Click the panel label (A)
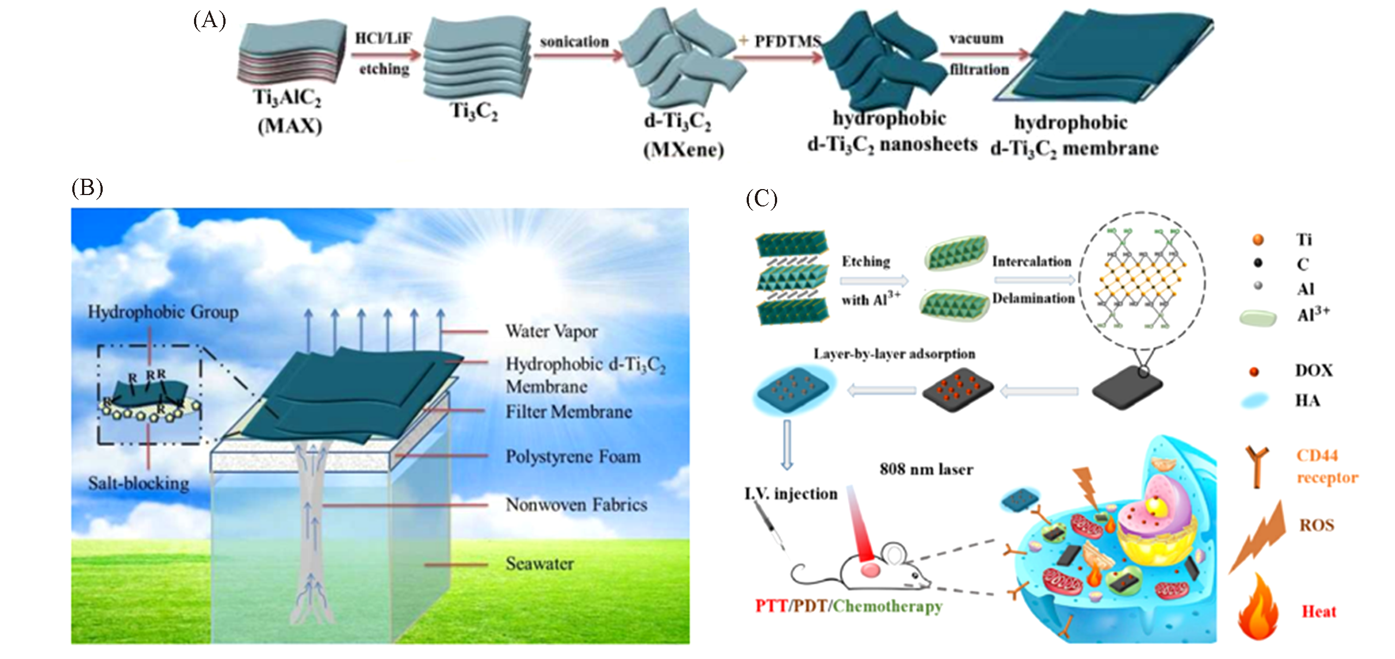click(209, 21)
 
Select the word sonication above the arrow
click(574, 41)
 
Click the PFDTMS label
click(787, 41)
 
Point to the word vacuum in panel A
click(976, 39)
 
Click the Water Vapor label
click(551, 331)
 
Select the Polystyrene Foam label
click(573, 456)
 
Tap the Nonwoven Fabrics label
click(576, 505)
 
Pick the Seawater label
click(540, 563)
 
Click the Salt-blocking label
click(139, 484)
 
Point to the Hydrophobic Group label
click(163, 312)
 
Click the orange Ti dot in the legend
click(1258, 240)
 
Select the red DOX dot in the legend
click(1254, 372)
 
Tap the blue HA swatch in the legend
click(1255, 401)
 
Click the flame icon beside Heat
click(1258, 608)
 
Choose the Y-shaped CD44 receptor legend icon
click(1257, 465)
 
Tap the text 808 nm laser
click(926, 469)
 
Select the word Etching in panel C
click(866, 261)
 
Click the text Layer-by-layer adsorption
click(894, 354)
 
